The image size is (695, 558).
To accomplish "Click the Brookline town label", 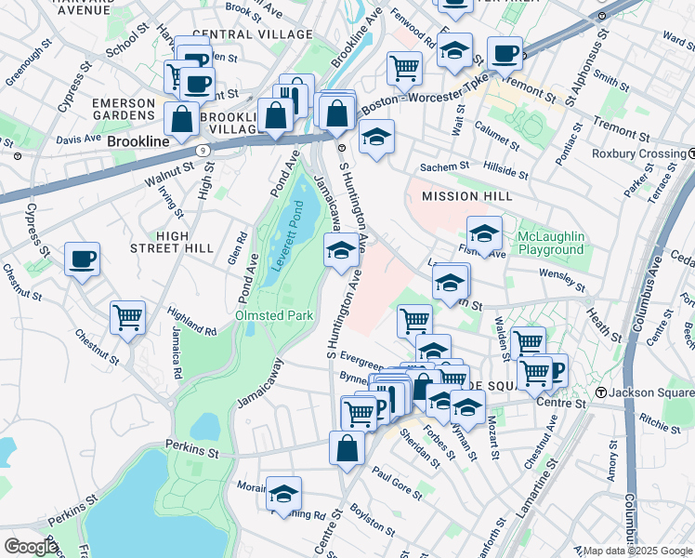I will click(138, 141).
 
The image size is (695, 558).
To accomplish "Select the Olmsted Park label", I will click(273, 316).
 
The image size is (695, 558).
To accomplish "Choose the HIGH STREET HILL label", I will click(185, 242).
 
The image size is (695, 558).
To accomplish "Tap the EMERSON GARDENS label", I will click(124, 108).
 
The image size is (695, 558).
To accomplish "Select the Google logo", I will click(31, 546).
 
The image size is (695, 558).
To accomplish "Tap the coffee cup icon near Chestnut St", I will click(82, 259).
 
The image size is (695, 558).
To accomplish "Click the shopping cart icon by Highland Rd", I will click(127, 318).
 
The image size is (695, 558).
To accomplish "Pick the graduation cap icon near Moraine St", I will click(283, 493).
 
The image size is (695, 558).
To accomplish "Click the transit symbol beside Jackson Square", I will click(602, 393).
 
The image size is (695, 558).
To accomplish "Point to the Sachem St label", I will click(446, 166).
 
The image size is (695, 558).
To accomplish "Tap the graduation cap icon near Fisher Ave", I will click(484, 233).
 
